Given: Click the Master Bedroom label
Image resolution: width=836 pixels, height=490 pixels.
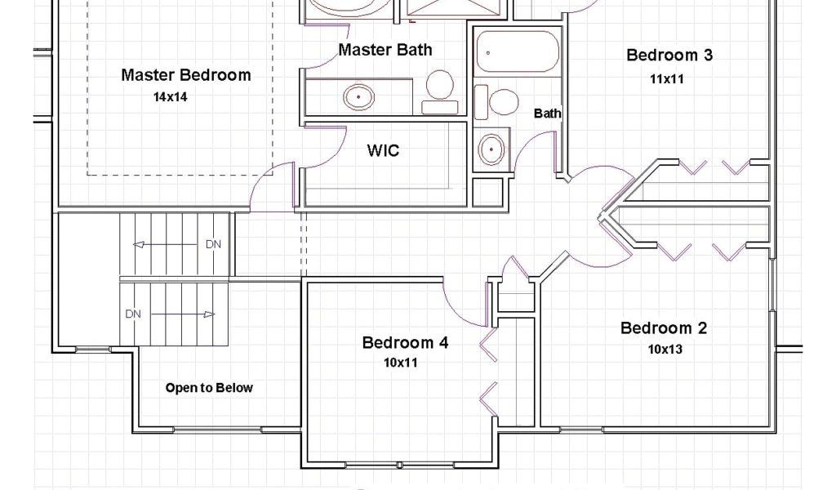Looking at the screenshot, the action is [x=186, y=75].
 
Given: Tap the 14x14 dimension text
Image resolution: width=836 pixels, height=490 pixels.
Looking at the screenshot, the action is [x=171, y=97].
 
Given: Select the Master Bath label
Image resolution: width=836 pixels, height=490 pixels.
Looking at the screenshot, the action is [x=385, y=50].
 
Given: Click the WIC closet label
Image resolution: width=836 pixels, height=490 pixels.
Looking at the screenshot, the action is [x=383, y=150].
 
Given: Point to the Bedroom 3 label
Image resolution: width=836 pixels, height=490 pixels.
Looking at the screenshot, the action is [x=669, y=55].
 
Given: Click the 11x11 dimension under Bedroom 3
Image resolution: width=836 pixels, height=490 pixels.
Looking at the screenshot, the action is [x=666, y=79].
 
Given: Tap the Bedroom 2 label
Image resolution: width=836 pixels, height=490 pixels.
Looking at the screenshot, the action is [x=664, y=328].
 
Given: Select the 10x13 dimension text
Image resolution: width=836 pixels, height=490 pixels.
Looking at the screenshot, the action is [x=665, y=350].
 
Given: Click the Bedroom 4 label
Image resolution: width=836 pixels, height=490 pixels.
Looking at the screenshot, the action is [x=405, y=342].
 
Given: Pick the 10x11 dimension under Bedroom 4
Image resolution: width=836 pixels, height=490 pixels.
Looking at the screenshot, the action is [x=400, y=363].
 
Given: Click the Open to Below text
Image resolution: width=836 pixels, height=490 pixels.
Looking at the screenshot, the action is [x=209, y=388].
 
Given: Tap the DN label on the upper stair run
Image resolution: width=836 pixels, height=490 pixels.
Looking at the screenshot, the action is [x=213, y=244].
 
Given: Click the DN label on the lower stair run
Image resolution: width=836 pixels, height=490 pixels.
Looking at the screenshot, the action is [x=133, y=314].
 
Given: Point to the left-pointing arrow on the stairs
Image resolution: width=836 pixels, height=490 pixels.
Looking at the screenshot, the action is [x=165, y=245].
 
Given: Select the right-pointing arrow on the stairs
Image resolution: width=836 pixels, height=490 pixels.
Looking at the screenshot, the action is [x=183, y=314].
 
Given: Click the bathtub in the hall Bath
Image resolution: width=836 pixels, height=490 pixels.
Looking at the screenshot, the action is [x=517, y=51].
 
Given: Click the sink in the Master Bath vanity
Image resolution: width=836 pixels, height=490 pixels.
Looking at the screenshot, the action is [x=358, y=97].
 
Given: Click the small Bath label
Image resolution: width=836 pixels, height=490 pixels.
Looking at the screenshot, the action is [x=548, y=113].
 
